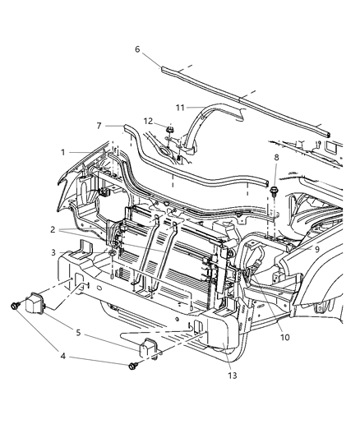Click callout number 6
(x=137, y=49)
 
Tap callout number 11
(x=179, y=106)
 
